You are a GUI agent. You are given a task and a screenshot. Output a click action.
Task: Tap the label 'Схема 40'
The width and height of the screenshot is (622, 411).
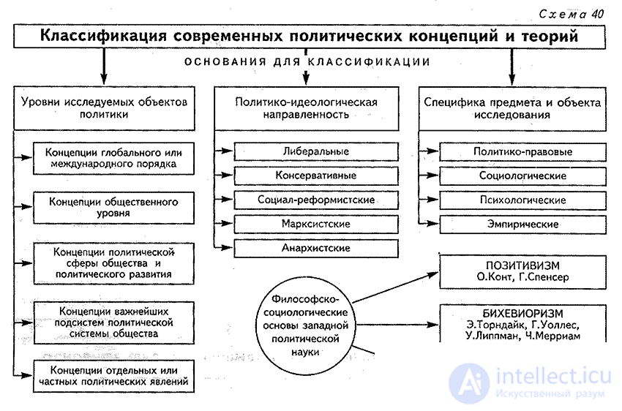click(571, 15)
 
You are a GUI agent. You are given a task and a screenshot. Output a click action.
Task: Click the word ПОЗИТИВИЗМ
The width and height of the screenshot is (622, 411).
click(522, 265)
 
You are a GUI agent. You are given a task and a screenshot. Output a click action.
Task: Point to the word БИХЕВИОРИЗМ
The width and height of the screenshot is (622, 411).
click(522, 314)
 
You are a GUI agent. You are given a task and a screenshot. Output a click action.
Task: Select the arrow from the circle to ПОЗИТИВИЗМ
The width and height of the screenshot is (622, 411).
click(395, 287)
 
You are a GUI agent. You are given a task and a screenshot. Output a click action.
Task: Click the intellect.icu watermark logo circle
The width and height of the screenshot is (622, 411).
click(469, 383)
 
